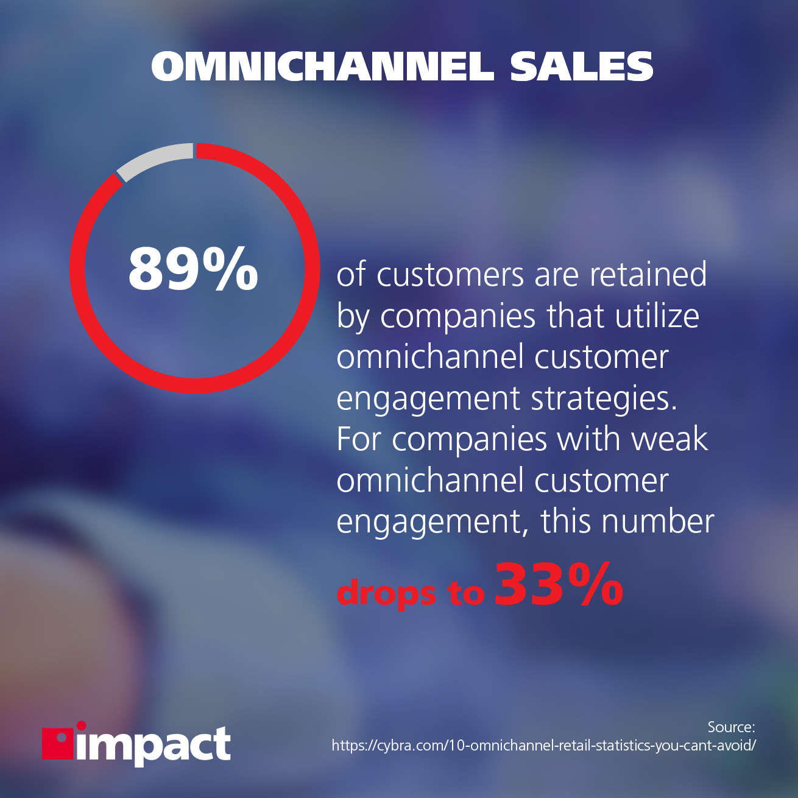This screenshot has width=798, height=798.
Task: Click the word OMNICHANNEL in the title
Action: point(323,67)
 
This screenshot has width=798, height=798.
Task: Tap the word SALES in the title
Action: point(581,67)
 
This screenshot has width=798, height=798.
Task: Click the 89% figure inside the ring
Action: point(193,269)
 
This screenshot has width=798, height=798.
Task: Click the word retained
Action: point(648,275)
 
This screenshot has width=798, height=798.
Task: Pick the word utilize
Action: point(657,316)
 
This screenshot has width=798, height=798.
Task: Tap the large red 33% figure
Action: point(559,584)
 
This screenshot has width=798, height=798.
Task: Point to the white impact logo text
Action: point(154,746)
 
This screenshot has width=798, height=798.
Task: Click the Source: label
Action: point(732,727)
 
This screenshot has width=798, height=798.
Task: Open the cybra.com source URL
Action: point(544,746)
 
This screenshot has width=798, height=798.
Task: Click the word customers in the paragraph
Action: point(451,275)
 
